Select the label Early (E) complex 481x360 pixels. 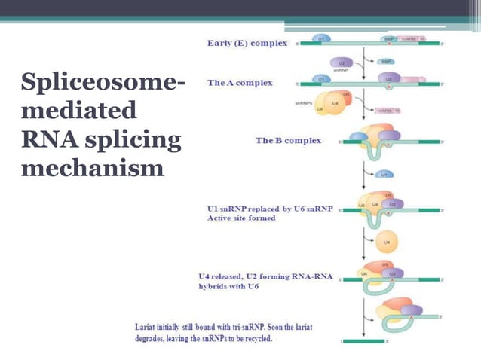[247, 43]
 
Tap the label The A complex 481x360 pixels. [240, 82]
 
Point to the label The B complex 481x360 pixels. [288, 140]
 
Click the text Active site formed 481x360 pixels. [241, 218]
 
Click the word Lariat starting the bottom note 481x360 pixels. [149, 328]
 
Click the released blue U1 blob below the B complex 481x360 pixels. [384, 174]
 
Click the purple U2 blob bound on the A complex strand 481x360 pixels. [389, 78]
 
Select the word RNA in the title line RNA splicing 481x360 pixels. [47, 139]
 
